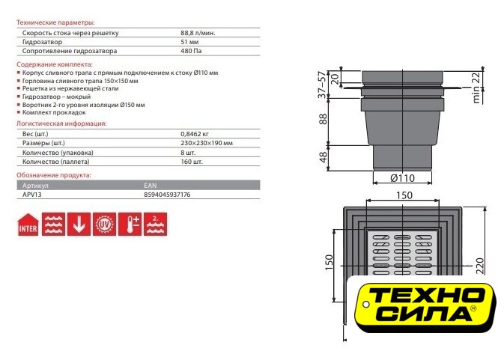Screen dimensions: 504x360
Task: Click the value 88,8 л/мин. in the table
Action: (x=198, y=33)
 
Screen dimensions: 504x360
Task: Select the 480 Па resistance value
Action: (x=191, y=51)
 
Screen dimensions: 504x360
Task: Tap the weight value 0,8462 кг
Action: (x=195, y=134)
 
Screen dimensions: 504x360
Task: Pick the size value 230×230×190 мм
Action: (x=207, y=143)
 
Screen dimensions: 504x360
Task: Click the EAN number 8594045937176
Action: (x=167, y=195)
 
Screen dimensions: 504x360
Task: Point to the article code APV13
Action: (x=31, y=195)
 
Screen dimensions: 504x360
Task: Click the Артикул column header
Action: (x=35, y=186)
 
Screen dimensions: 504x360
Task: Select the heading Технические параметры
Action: (x=55, y=22)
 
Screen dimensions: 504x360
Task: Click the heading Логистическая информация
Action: (x=61, y=123)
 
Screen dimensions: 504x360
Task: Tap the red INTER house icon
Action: (x=28, y=225)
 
